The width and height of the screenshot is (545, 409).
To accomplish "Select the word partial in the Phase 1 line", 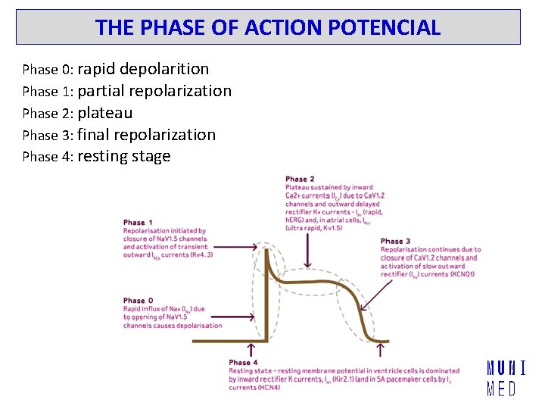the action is click(101, 91).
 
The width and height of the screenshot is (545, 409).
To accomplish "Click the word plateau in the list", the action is click(105, 113).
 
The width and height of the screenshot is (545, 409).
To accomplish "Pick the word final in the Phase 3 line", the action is click(94, 135).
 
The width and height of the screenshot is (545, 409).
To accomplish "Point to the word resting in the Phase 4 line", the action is click(104, 157).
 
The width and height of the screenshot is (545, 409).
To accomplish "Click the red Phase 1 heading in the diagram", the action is click(139, 223).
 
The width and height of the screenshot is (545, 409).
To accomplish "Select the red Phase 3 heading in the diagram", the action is click(396, 242).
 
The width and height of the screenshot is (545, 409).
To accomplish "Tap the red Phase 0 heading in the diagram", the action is click(139, 301).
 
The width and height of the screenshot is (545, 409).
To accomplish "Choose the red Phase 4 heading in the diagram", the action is click(244, 363).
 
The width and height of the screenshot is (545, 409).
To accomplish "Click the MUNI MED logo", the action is click(506, 379).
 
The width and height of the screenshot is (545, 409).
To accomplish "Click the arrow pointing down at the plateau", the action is click(307, 258).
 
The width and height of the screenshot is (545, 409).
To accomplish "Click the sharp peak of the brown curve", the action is click(266, 248).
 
